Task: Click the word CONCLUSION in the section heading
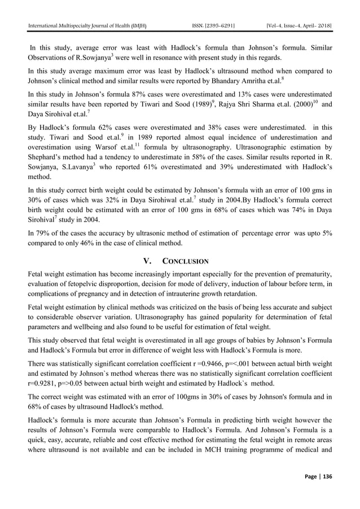[x=186, y=261]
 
